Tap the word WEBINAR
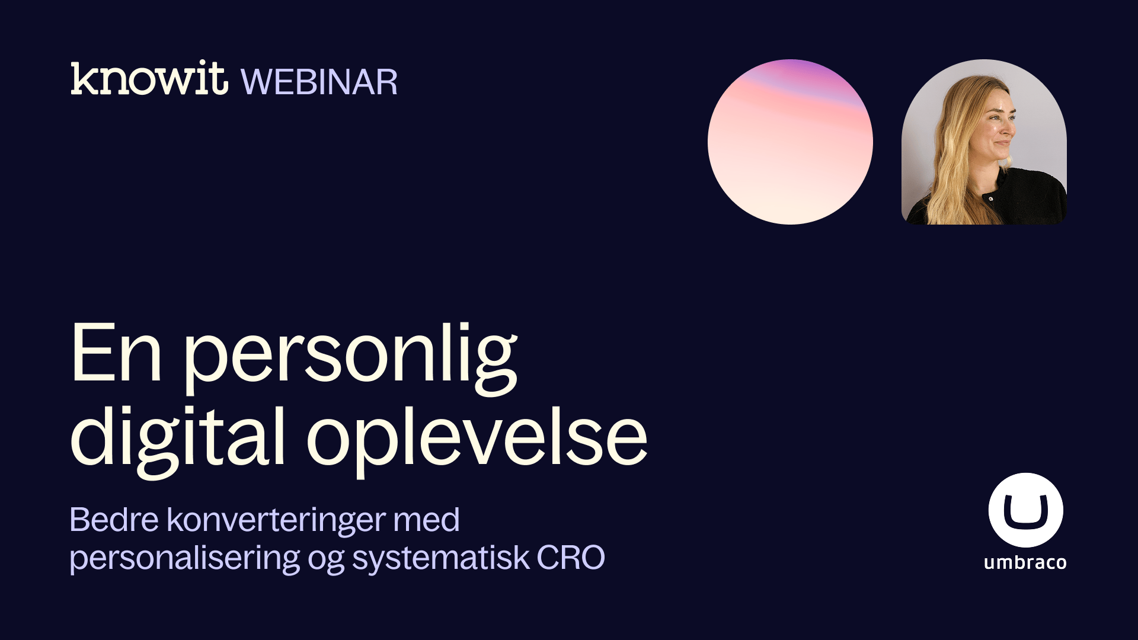point(319,82)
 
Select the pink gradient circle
point(790,142)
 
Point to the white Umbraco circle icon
point(1025,510)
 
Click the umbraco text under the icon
point(1025,562)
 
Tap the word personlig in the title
point(351,359)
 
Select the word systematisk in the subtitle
point(440,559)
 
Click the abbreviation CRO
point(571,558)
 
